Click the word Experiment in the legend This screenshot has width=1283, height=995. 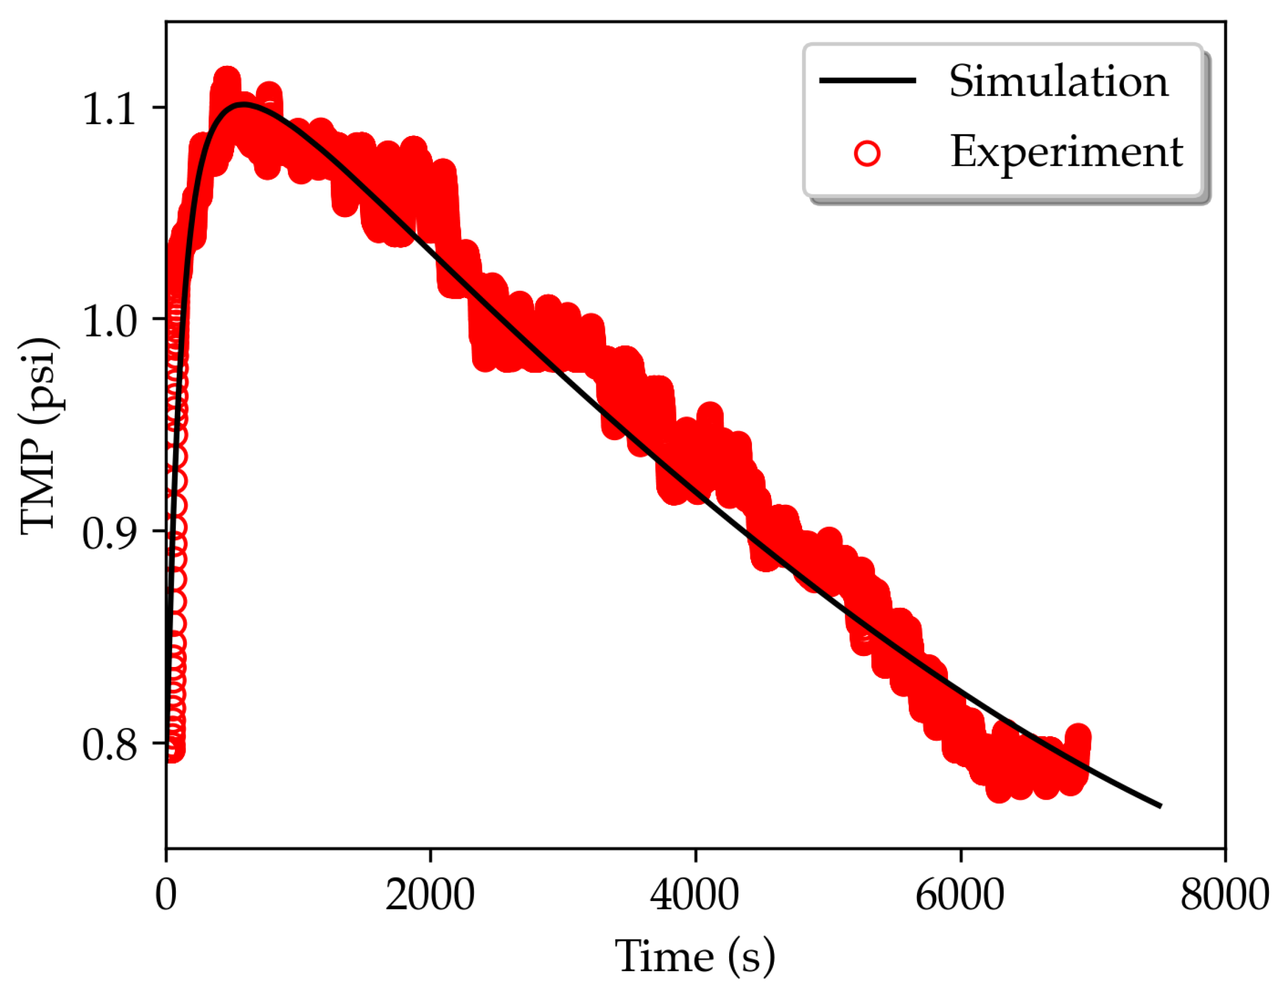coord(1066,152)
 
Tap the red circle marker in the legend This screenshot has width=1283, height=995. coord(867,154)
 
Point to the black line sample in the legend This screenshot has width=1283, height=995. coord(867,81)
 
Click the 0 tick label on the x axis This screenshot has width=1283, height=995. coord(166,895)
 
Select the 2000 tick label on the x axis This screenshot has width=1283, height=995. coord(430,895)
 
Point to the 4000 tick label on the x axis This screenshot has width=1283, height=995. coord(695,895)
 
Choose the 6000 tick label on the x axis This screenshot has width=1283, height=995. coord(960,895)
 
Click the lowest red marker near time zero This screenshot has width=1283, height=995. coord(173,750)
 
